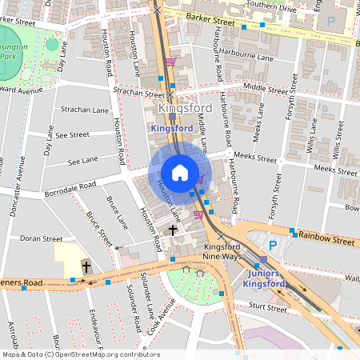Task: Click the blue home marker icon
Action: [x=180, y=172]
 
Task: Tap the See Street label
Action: [x=73, y=135]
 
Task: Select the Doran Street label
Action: [x=41, y=238]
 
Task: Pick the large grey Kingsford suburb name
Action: [x=185, y=108]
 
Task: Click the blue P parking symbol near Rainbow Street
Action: [x=273, y=246]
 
